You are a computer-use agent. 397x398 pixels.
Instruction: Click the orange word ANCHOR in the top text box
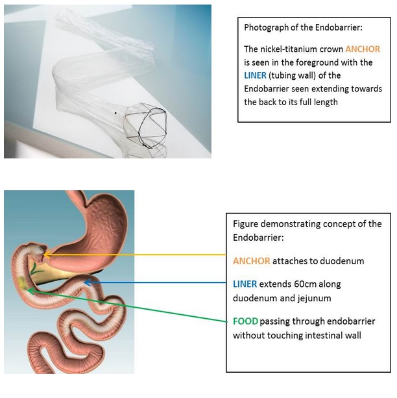coord(363,49)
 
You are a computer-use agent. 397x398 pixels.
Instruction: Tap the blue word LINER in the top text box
coord(255,75)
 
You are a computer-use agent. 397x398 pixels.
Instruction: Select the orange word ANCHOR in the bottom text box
coord(252,261)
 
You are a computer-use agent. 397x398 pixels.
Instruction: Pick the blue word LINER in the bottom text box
coord(245,284)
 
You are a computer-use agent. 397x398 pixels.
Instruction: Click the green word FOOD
coord(245,321)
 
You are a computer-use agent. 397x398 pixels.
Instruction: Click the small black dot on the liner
coord(115,113)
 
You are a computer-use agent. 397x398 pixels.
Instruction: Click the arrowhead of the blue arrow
coord(88,282)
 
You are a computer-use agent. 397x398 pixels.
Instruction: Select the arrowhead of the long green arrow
coord(30,291)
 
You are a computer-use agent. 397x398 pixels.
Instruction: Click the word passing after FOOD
coord(275,322)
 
